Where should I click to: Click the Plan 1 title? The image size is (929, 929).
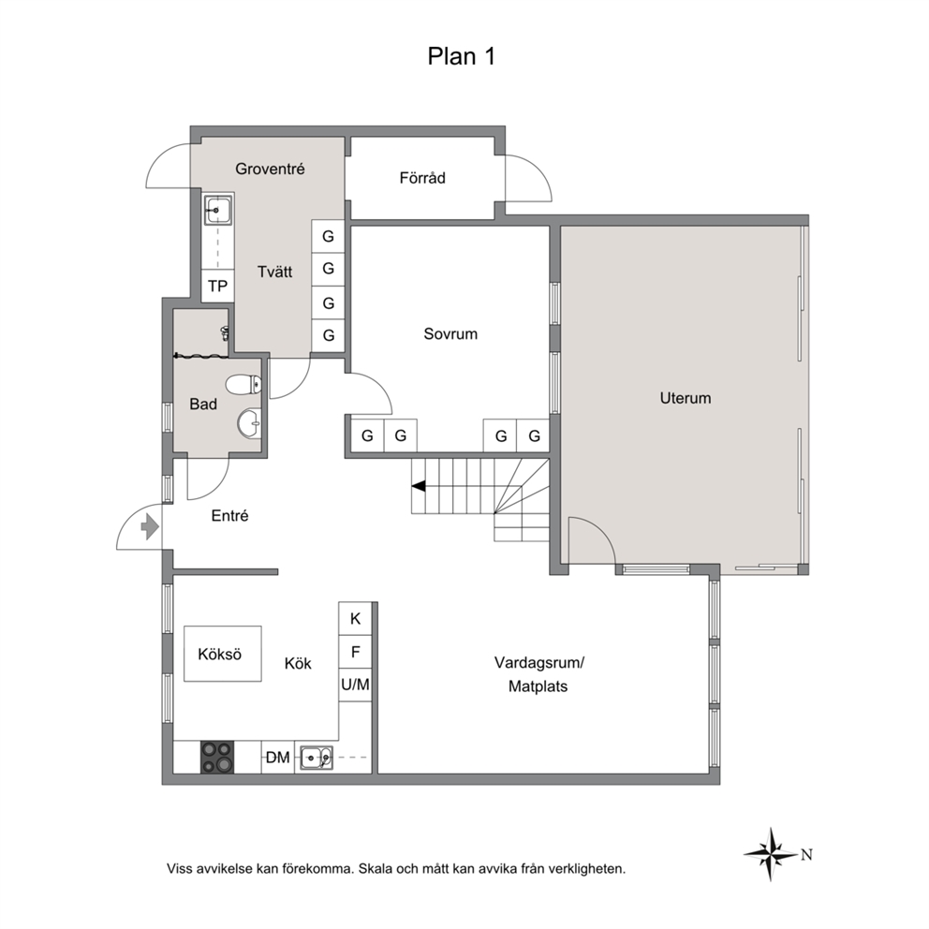click(x=461, y=56)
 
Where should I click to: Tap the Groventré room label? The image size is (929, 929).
click(x=270, y=169)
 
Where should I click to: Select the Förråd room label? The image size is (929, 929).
click(x=421, y=178)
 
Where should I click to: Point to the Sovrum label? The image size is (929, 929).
click(x=450, y=333)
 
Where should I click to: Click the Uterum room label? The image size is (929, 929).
click(x=686, y=398)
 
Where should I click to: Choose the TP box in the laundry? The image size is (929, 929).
click(x=218, y=287)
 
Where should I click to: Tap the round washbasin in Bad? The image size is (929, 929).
click(x=249, y=423)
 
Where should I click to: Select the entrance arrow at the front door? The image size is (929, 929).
click(x=150, y=526)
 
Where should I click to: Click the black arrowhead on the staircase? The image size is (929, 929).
click(x=419, y=486)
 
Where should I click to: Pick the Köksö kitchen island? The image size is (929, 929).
click(x=223, y=654)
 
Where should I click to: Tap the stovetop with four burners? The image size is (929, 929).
click(x=217, y=758)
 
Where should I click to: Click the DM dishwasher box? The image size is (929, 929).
click(x=278, y=758)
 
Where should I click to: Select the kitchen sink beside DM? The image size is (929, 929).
click(x=317, y=758)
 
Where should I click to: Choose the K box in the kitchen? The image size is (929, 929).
click(x=356, y=618)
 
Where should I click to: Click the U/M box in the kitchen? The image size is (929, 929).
click(x=356, y=685)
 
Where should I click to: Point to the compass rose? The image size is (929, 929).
click(x=771, y=854)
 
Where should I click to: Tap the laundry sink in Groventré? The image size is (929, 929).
click(x=218, y=210)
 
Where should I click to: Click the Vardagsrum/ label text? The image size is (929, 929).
click(x=539, y=662)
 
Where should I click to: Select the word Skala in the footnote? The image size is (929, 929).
click(x=374, y=869)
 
